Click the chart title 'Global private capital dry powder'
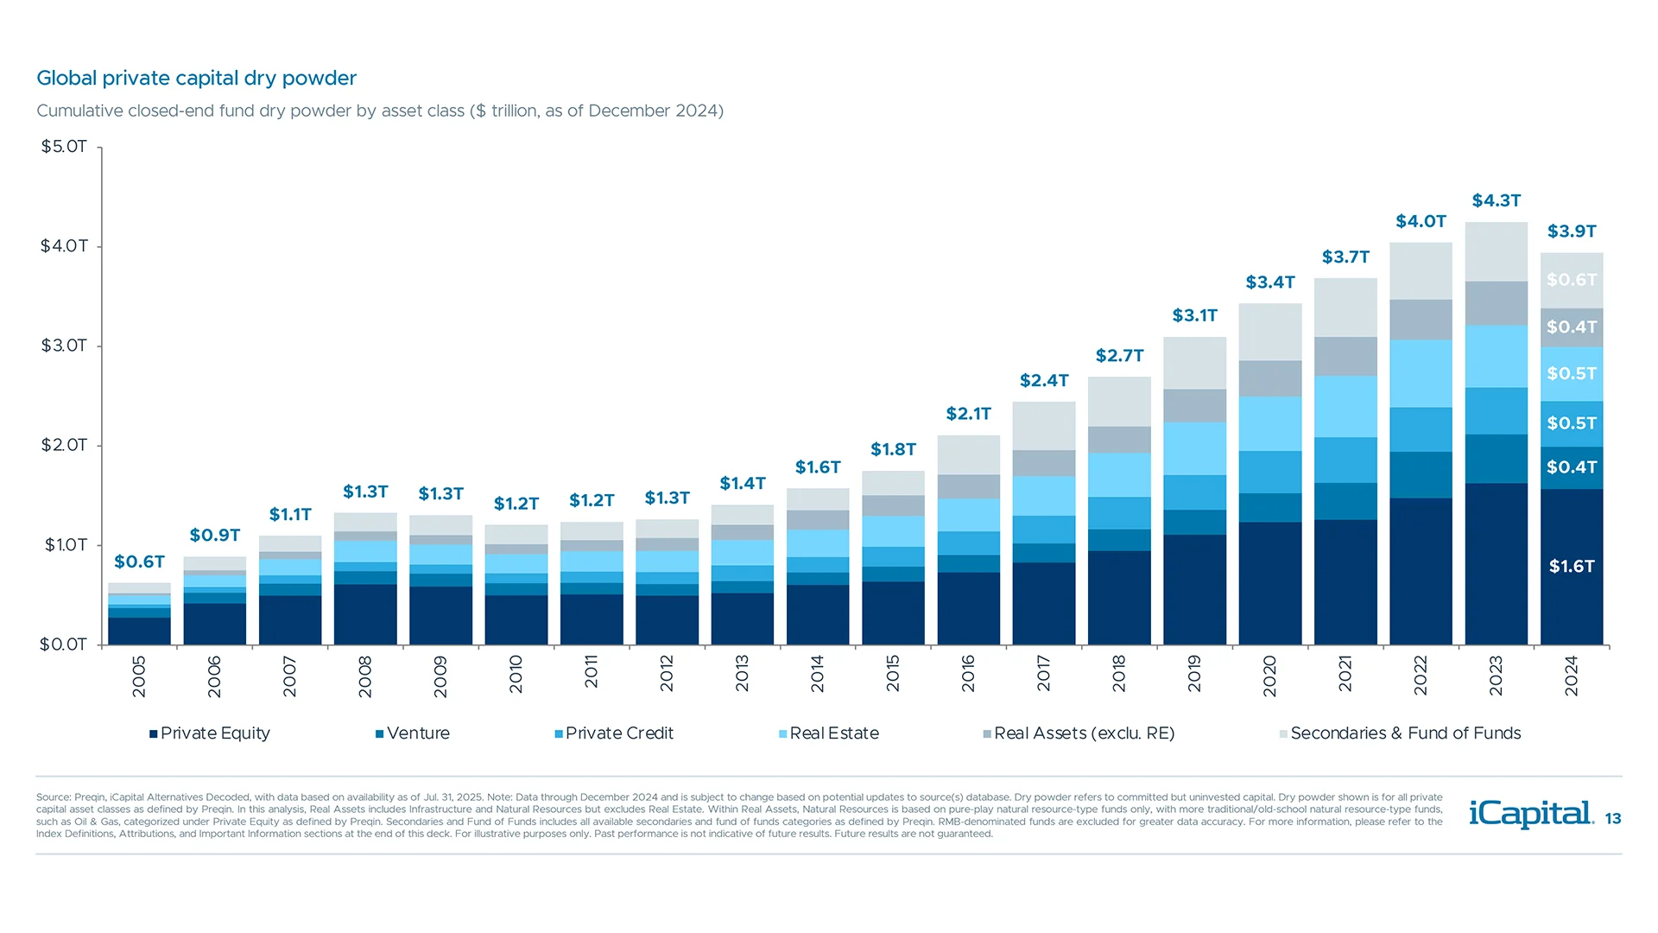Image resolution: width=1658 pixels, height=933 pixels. [196, 78]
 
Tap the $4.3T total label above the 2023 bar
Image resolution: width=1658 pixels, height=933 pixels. [1497, 200]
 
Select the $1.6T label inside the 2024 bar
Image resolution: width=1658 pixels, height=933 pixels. [1572, 567]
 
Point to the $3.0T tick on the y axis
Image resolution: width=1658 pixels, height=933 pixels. [64, 346]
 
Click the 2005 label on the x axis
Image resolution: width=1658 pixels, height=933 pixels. [139, 676]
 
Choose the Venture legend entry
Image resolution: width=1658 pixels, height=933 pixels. [413, 733]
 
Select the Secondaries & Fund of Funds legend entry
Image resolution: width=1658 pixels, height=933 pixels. [1401, 733]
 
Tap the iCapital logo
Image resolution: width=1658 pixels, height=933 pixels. [1530, 814]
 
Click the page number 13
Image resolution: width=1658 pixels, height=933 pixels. [1613, 818]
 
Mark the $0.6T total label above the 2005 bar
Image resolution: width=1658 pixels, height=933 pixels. [139, 562]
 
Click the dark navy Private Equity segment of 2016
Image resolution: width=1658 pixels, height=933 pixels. [968, 608]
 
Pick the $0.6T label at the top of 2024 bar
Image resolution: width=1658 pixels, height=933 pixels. [1572, 280]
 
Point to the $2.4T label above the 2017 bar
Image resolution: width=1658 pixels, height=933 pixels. [1044, 380]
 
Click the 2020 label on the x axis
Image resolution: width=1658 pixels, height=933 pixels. [1269, 676]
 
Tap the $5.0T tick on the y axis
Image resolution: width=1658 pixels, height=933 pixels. [64, 147]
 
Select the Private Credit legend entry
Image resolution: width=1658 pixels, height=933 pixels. [614, 733]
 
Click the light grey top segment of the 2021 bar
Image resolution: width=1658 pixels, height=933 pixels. [1345, 307]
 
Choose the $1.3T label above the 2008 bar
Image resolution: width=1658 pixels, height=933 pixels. [365, 492]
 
